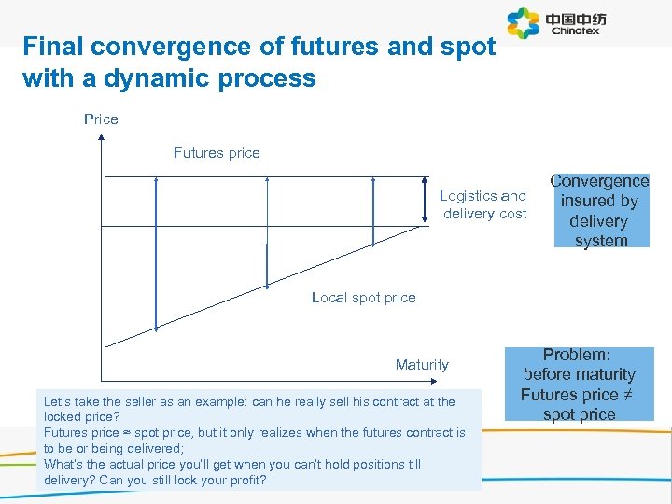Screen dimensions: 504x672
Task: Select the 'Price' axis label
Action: (x=101, y=119)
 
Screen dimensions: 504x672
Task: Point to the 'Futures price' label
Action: (x=217, y=152)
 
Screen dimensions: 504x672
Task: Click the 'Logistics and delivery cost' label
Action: (x=483, y=204)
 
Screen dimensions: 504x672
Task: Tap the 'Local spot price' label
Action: (x=363, y=297)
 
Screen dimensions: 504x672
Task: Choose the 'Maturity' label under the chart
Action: (x=422, y=364)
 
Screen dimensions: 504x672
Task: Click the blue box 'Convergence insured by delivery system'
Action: (x=600, y=211)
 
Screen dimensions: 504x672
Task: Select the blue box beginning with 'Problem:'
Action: (x=579, y=385)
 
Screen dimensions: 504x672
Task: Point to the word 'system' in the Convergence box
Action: (x=601, y=241)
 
